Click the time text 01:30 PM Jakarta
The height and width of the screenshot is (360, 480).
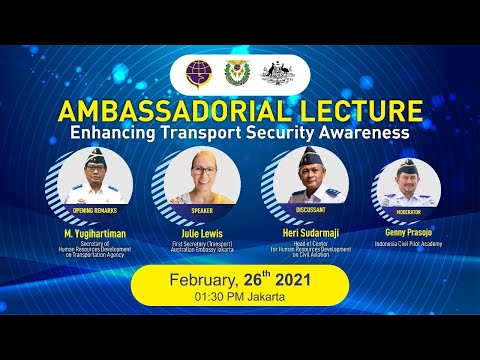point(239,298)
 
